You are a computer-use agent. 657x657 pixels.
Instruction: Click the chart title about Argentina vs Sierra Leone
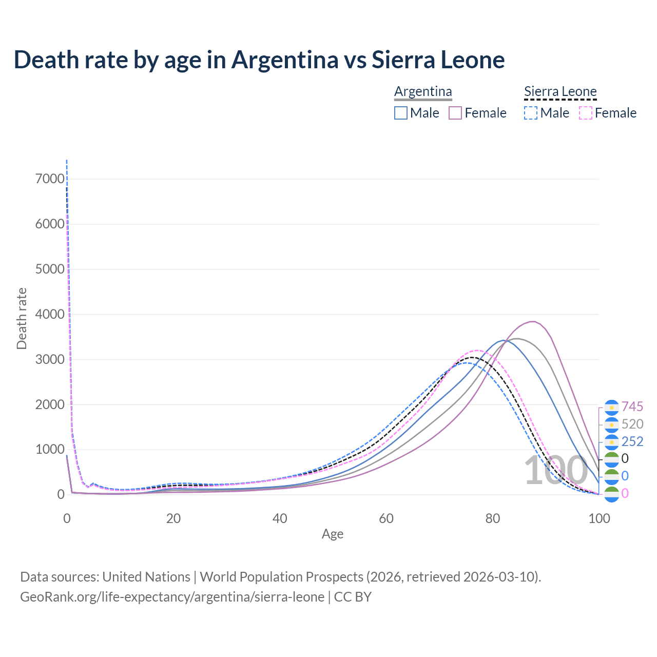tap(259, 60)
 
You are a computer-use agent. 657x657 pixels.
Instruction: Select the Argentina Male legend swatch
tap(401, 113)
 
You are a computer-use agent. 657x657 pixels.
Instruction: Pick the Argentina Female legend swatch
tap(455, 113)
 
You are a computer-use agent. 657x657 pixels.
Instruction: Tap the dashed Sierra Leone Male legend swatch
tap(531, 113)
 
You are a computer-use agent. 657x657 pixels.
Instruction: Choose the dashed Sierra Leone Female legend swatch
tap(586, 113)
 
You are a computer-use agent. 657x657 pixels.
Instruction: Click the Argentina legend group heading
tap(423, 91)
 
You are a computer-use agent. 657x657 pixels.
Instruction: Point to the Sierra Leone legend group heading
tap(560, 91)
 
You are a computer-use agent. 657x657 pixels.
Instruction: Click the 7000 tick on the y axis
tap(50, 179)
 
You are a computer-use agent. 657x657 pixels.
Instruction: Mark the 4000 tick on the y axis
tap(50, 314)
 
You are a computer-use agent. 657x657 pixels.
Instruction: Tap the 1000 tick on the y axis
tap(50, 450)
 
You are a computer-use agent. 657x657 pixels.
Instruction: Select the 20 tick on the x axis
tap(173, 518)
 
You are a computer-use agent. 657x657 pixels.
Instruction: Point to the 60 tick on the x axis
tap(386, 518)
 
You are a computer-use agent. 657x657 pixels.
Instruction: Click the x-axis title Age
tap(333, 534)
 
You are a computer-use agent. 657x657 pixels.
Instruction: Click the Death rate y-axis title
tap(22, 318)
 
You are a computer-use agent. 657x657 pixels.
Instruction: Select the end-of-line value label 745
tap(632, 407)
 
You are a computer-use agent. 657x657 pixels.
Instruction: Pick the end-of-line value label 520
tap(632, 424)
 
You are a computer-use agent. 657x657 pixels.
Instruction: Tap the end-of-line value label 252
tap(632, 441)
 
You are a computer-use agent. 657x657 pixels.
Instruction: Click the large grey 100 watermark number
tap(555, 471)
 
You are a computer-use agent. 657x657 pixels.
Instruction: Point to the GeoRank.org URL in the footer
tap(172, 597)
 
